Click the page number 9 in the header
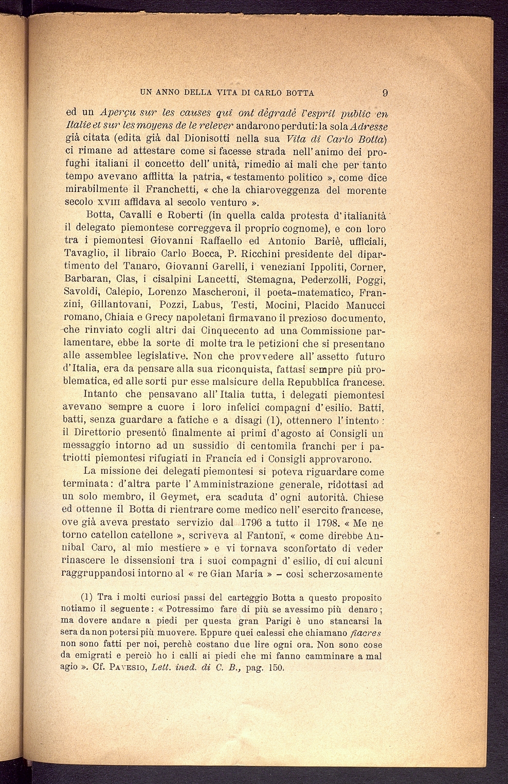click(385, 93)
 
